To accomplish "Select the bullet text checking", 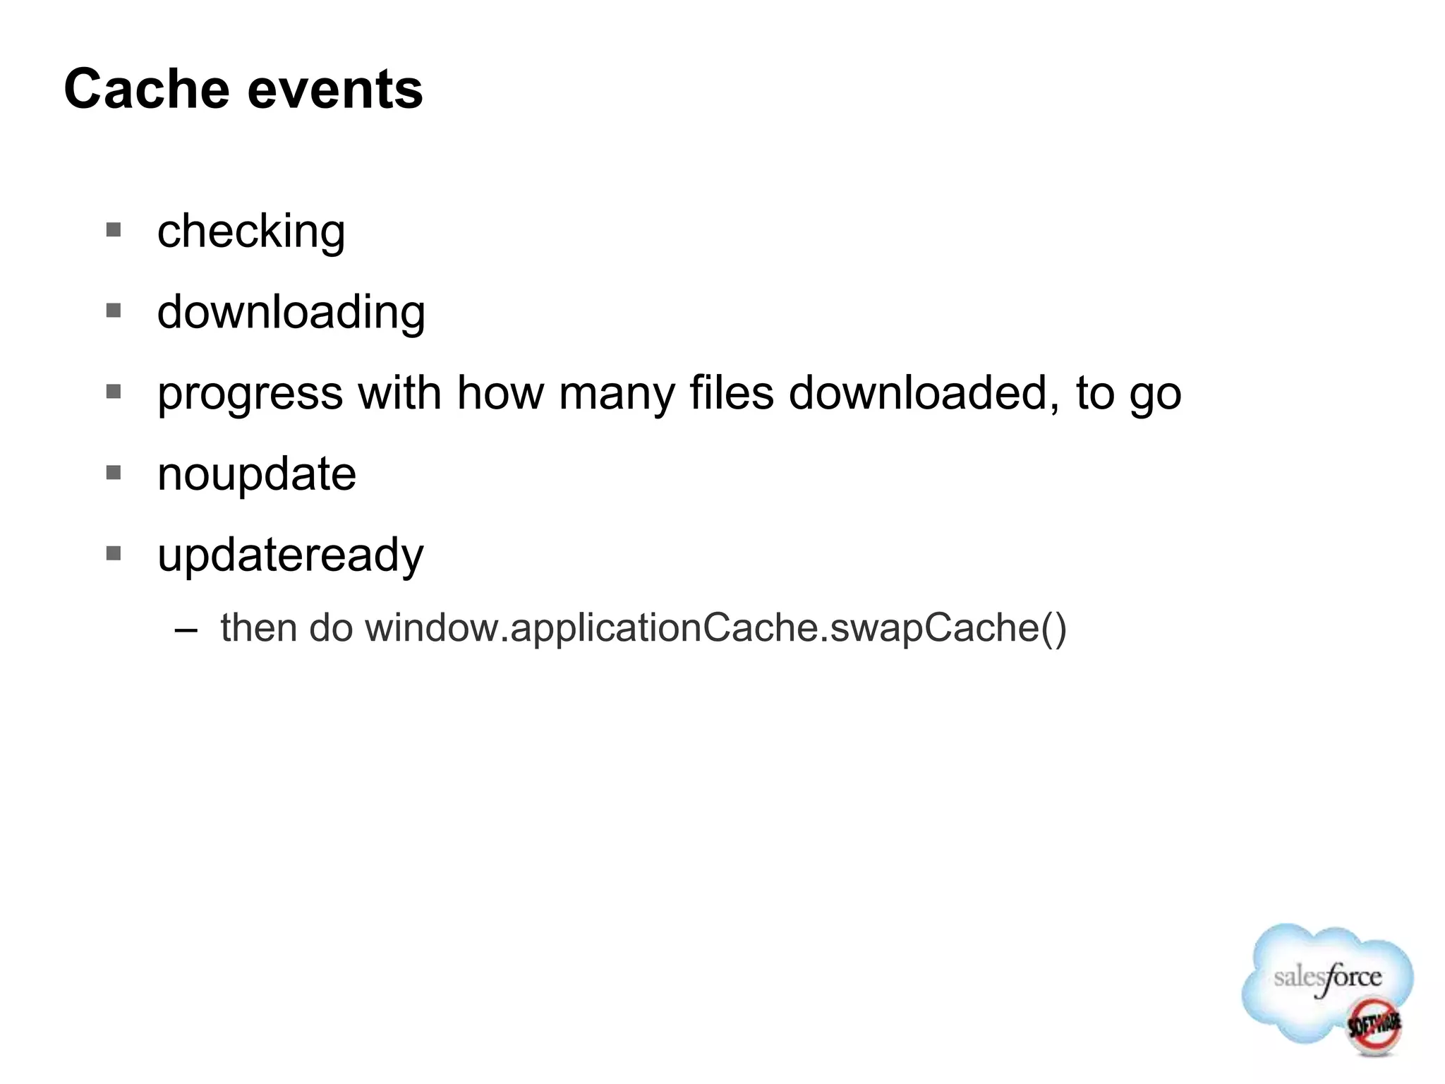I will tap(251, 232).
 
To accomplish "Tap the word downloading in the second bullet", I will tap(291, 313).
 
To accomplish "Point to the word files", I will tap(731, 392).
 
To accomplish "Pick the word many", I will tap(617, 394).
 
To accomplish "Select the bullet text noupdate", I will tap(257, 474).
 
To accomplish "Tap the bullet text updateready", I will tap(291, 555).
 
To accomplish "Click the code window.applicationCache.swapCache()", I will tap(715, 627).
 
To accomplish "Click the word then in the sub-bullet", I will tap(258, 627).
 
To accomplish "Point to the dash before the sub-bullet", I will tap(186, 629).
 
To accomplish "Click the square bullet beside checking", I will tap(114, 229).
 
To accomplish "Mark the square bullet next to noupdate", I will tap(114, 472).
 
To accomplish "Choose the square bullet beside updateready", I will tap(114, 553).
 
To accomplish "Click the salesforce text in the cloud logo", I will tap(1327, 978).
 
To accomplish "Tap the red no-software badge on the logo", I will tap(1373, 1024).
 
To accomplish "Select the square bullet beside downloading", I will tap(114, 311).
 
